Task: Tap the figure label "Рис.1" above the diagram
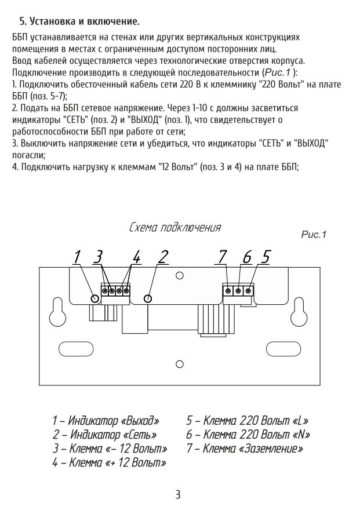point(314,235)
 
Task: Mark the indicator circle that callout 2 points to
point(148,298)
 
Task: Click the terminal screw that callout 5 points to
point(248,290)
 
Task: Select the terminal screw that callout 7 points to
point(228,290)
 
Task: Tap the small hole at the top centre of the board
point(180,276)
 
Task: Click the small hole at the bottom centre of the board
point(180,364)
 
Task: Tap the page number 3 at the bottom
point(179,494)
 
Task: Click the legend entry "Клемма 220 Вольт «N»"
point(248,435)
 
